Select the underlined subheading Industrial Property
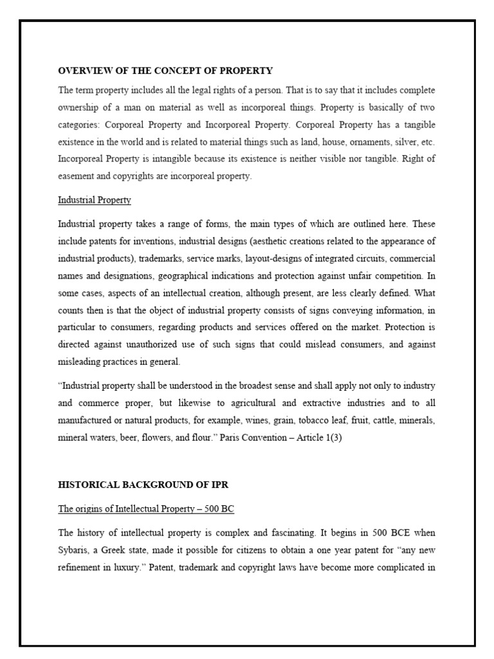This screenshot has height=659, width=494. tap(95, 200)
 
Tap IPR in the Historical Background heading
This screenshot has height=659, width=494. tap(212, 484)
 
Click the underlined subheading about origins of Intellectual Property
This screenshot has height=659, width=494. tap(146, 509)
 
